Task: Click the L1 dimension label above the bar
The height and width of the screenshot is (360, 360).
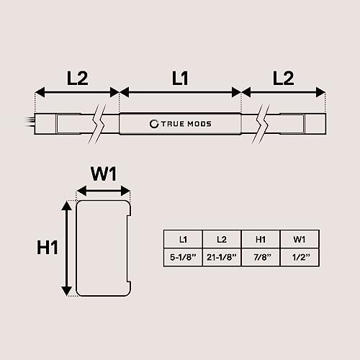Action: point(180,78)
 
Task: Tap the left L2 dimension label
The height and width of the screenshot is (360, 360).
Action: point(77,78)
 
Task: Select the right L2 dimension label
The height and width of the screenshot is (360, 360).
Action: point(283,78)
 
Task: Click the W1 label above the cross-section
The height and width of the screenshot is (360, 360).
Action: point(104,174)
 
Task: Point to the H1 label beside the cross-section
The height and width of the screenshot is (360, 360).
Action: point(48,247)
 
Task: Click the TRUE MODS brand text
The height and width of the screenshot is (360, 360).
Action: point(186,124)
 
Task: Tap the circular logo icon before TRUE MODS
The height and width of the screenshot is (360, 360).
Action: point(154,124)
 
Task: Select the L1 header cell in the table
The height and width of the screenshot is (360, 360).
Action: point(183,239)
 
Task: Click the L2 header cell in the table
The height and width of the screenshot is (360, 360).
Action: point(222,239)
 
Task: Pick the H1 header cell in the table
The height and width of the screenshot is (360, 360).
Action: point(261,239)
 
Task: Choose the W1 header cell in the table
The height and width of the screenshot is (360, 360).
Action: point(300,239)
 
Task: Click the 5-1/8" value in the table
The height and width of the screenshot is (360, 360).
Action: point(183,257)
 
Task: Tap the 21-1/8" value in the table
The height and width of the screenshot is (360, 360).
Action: point(222,257)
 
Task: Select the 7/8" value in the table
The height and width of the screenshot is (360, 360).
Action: point(262,257)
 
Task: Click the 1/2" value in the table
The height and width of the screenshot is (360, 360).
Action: point(301,257)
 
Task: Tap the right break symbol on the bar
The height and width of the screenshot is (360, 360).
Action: point(261,124)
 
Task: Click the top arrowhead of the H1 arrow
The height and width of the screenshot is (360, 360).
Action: point(67,206)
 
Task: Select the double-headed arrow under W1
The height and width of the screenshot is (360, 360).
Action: point(104,191)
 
